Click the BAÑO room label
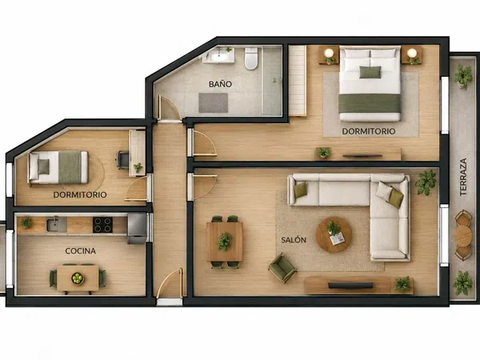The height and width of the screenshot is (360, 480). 220,84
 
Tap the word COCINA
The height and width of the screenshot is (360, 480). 81,251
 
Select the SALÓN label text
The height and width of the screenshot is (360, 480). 294,240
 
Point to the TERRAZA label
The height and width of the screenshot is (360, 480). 463,177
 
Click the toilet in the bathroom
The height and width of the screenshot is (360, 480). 251,58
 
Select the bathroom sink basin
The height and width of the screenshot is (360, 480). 219,56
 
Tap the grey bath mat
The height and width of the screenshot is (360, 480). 213,103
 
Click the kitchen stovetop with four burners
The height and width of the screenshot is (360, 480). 102,225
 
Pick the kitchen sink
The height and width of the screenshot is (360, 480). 56,225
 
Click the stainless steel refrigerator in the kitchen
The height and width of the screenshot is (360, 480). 137,228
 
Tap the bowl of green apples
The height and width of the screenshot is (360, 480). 77,278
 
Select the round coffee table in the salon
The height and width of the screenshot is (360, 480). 334,234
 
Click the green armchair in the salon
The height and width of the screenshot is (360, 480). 282,267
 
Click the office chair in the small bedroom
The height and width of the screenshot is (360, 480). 122,160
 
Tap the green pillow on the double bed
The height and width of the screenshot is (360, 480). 370,72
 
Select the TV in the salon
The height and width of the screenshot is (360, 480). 350,286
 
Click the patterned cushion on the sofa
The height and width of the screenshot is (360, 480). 384,191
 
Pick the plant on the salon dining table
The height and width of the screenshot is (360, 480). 225,242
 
